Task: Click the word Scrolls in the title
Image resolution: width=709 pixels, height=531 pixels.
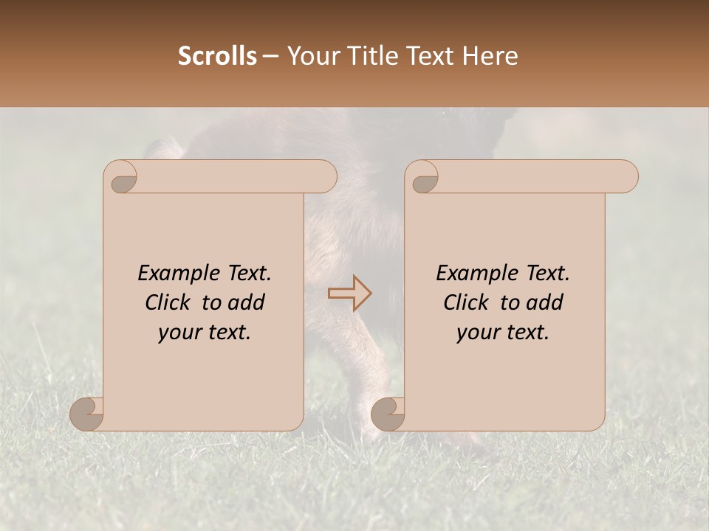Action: coord(217,56)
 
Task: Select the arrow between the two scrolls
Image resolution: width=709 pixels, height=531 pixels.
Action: coord(350,293)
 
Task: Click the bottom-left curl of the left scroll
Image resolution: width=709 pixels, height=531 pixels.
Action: coord(87,414)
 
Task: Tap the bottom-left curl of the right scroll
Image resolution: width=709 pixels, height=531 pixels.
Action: coord(388,414)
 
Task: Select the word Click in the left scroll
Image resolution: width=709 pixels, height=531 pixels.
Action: coord(170,302)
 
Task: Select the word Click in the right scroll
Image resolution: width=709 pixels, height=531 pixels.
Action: coord(468,302)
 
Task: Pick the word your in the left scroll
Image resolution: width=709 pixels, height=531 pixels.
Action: coord(178,333)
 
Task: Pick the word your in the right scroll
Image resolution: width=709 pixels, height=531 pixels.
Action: coord(476,333)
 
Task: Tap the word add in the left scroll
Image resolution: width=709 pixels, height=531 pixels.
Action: coord(247,302)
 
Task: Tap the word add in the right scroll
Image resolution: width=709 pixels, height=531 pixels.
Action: coord(545,302)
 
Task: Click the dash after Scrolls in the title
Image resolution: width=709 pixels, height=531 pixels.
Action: coord(271,56)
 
